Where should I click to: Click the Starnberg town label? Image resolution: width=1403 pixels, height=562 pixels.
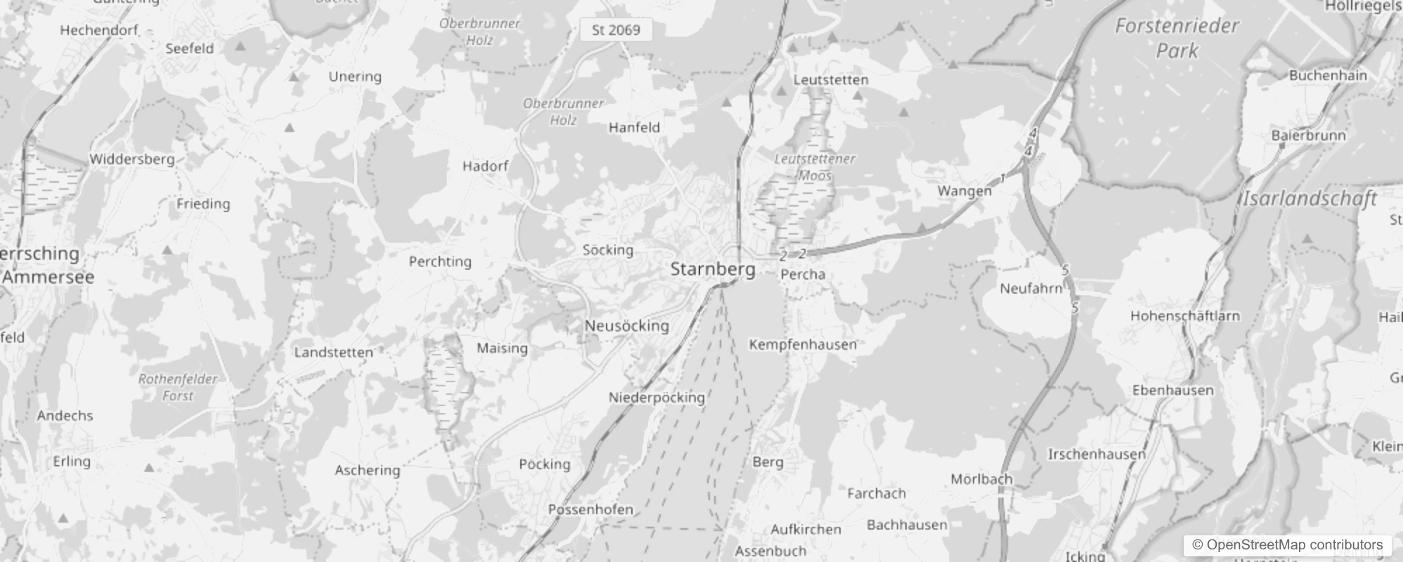click(713, 269)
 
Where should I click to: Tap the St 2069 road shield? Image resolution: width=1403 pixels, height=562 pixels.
click(616, 30)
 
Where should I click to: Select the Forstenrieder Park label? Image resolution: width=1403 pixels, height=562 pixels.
click(1177, 38)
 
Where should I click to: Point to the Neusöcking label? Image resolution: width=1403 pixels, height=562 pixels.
click(627, 326)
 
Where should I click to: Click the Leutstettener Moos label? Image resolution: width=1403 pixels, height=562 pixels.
click(815, 167)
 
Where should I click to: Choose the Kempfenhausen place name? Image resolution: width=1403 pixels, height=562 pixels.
click(803, 344)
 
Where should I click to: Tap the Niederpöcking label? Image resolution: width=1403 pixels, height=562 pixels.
click(657, 398)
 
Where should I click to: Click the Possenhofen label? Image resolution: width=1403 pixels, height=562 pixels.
click(590, 509)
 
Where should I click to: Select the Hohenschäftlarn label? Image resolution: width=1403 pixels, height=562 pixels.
click(1185, 316)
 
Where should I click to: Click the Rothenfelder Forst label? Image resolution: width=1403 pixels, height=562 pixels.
click(178, 387)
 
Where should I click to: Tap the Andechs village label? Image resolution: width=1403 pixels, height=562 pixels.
click(65, 416)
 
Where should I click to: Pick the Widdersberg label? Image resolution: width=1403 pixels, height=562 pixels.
click(132, 159)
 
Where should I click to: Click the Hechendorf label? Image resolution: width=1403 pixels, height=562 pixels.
click(99, 30)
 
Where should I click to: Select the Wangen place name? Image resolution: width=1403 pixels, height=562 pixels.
click(964, 191)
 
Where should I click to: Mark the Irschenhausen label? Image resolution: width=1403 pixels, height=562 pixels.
click(1097, 455)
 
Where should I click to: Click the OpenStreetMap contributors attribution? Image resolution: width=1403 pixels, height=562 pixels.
click(1287, 545)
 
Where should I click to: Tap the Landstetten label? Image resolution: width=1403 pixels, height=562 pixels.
click(333, 353)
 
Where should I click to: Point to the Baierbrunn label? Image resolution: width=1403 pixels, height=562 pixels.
click(1308, 136)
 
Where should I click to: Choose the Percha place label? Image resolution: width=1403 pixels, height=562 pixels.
click(803, 275)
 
